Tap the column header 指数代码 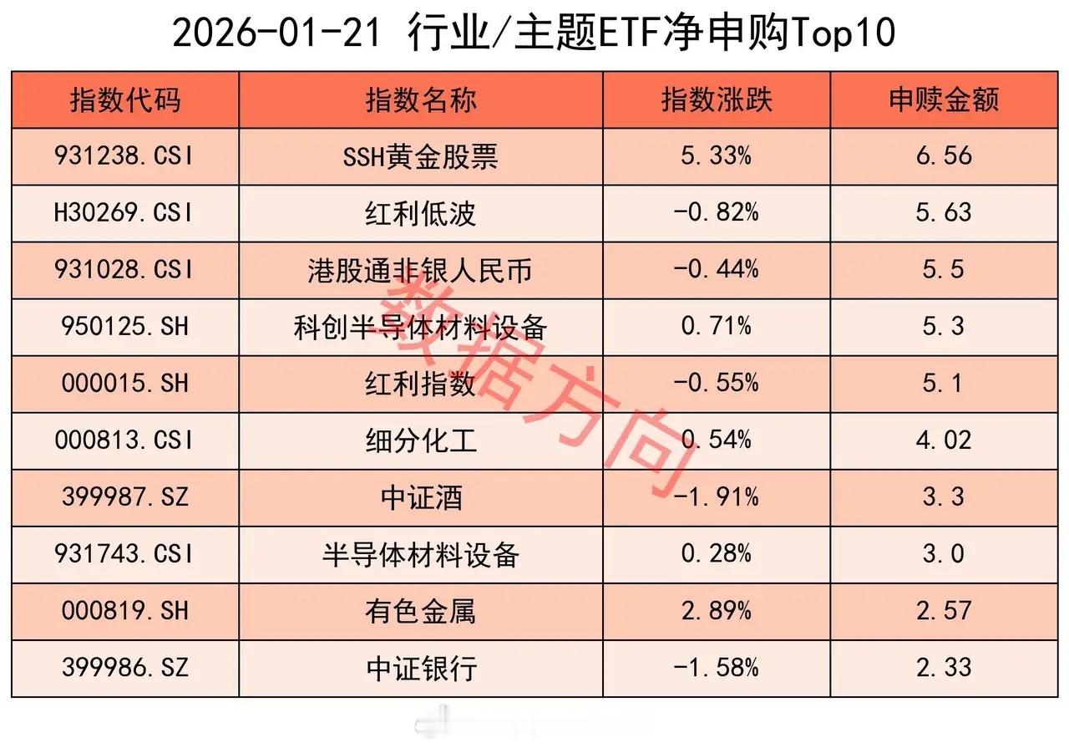125,100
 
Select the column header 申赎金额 944,100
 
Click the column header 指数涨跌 717,100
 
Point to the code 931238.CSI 125,156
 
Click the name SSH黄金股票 420,156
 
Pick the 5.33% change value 717,156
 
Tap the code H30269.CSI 125,213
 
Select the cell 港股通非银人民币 420,270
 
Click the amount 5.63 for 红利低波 944,213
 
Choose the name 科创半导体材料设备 420,327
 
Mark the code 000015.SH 125,384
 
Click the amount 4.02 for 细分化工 944,440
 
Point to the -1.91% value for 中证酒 717,497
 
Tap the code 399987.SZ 125,497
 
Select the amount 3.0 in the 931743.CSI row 944,554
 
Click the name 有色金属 420,611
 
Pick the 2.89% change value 717,611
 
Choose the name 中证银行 420,668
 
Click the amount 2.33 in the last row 944,668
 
